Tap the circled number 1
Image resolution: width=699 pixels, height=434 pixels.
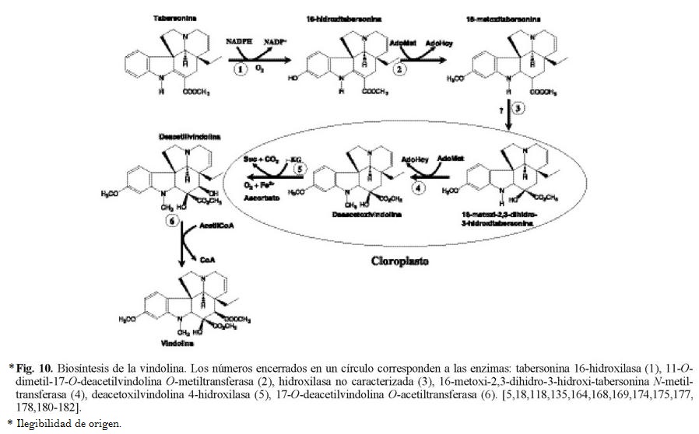pos(243,68)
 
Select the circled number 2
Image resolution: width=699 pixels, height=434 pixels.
pos(400,70)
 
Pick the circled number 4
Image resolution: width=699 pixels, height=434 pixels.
pos(420,187)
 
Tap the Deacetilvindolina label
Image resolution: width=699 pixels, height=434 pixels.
pos(168,136)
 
